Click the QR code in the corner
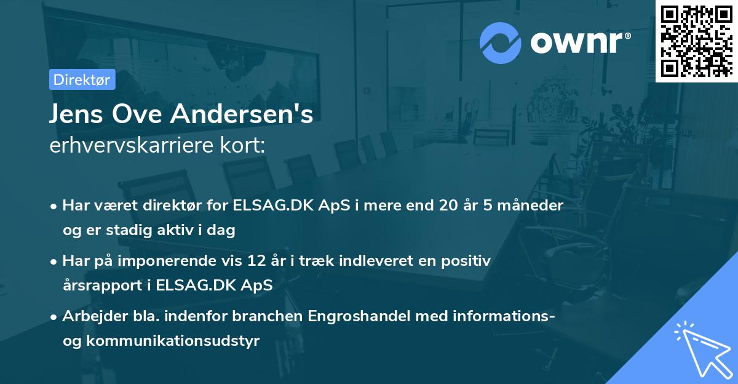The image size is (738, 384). (696, 41)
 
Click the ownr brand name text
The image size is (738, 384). (581, 42)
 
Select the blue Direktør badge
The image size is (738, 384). (82, 79)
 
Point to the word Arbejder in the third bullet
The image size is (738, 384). (90, 316)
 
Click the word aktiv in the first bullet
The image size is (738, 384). (182, 230)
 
